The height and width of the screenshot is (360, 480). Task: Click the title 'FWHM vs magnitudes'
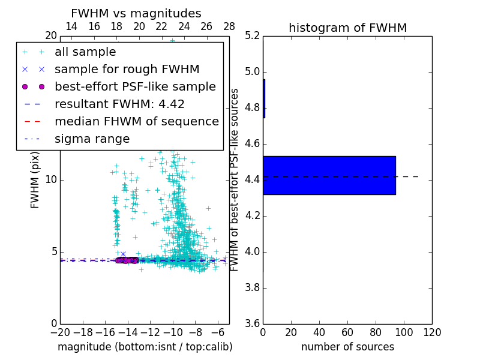[x=136, y=13]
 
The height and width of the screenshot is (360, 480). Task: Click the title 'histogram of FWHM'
[x=347, y=28]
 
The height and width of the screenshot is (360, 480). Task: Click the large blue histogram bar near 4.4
[x=329, y=175]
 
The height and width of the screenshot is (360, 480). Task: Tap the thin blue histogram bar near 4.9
[x=264, y=98]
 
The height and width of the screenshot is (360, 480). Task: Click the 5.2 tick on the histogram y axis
[x=253, y=36]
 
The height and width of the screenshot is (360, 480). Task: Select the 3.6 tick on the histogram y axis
[x=253, y=323]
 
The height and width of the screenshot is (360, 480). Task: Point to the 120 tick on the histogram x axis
[x=432, y=332]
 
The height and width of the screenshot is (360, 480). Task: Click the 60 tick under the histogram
[x=347, y=332]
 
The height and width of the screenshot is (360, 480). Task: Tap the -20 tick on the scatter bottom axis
[x=60, y=332]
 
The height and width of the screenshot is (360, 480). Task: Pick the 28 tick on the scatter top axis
[x=229, y=26]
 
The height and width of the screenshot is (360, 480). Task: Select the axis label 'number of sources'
[x=347, y=347]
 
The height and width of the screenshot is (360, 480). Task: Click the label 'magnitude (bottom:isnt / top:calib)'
[x=145, y=347]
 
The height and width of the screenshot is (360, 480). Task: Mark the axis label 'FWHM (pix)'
[x=35, y=180]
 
